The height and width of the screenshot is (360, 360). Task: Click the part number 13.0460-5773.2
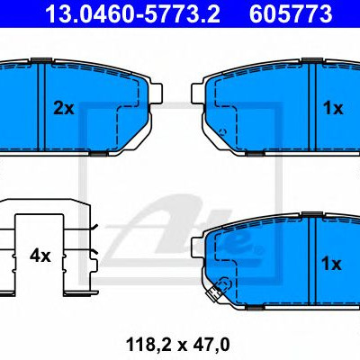(x=132, y=13)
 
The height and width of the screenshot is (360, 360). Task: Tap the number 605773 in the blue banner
(x=291, y=13)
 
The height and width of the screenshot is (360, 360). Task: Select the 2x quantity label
(x=64, y=108)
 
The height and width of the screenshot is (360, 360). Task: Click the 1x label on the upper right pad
(x=333, y=108)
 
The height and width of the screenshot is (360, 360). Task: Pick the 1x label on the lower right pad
(x=331, y=264)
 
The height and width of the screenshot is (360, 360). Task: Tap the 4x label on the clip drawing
(x=40, y=256)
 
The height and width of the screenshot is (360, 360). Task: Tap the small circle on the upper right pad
(x=222, y=131)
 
